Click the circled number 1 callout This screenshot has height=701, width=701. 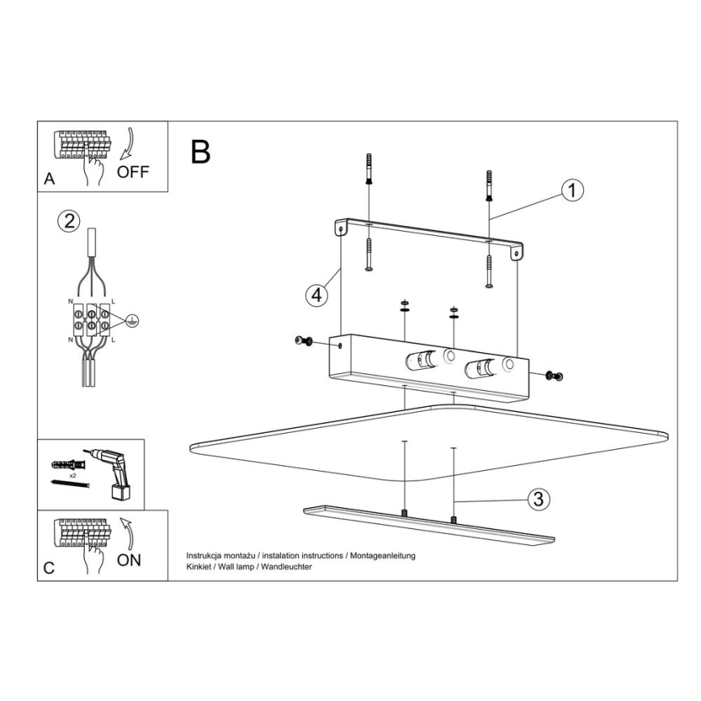(572, 191)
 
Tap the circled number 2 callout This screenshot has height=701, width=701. (69, 221)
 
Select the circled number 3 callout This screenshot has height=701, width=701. (538, 499)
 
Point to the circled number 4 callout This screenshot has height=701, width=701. (317, 295)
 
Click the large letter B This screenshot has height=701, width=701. (200, 152)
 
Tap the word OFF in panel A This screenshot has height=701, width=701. (132, 172)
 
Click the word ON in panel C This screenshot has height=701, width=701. (128, 560)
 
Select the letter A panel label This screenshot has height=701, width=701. (49, 178)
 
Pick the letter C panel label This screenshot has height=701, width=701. (49, 569)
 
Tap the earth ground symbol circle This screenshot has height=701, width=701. (132, 320)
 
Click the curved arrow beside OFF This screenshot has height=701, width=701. (127, 144)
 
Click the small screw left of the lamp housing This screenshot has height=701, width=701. (304, 341)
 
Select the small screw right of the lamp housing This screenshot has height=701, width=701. (554, 376)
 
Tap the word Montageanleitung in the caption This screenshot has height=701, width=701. (383, 556)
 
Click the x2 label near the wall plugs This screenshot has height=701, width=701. (73, 476)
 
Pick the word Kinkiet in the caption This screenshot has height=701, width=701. (199, 567)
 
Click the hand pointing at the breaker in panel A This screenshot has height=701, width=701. (94, 169)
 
